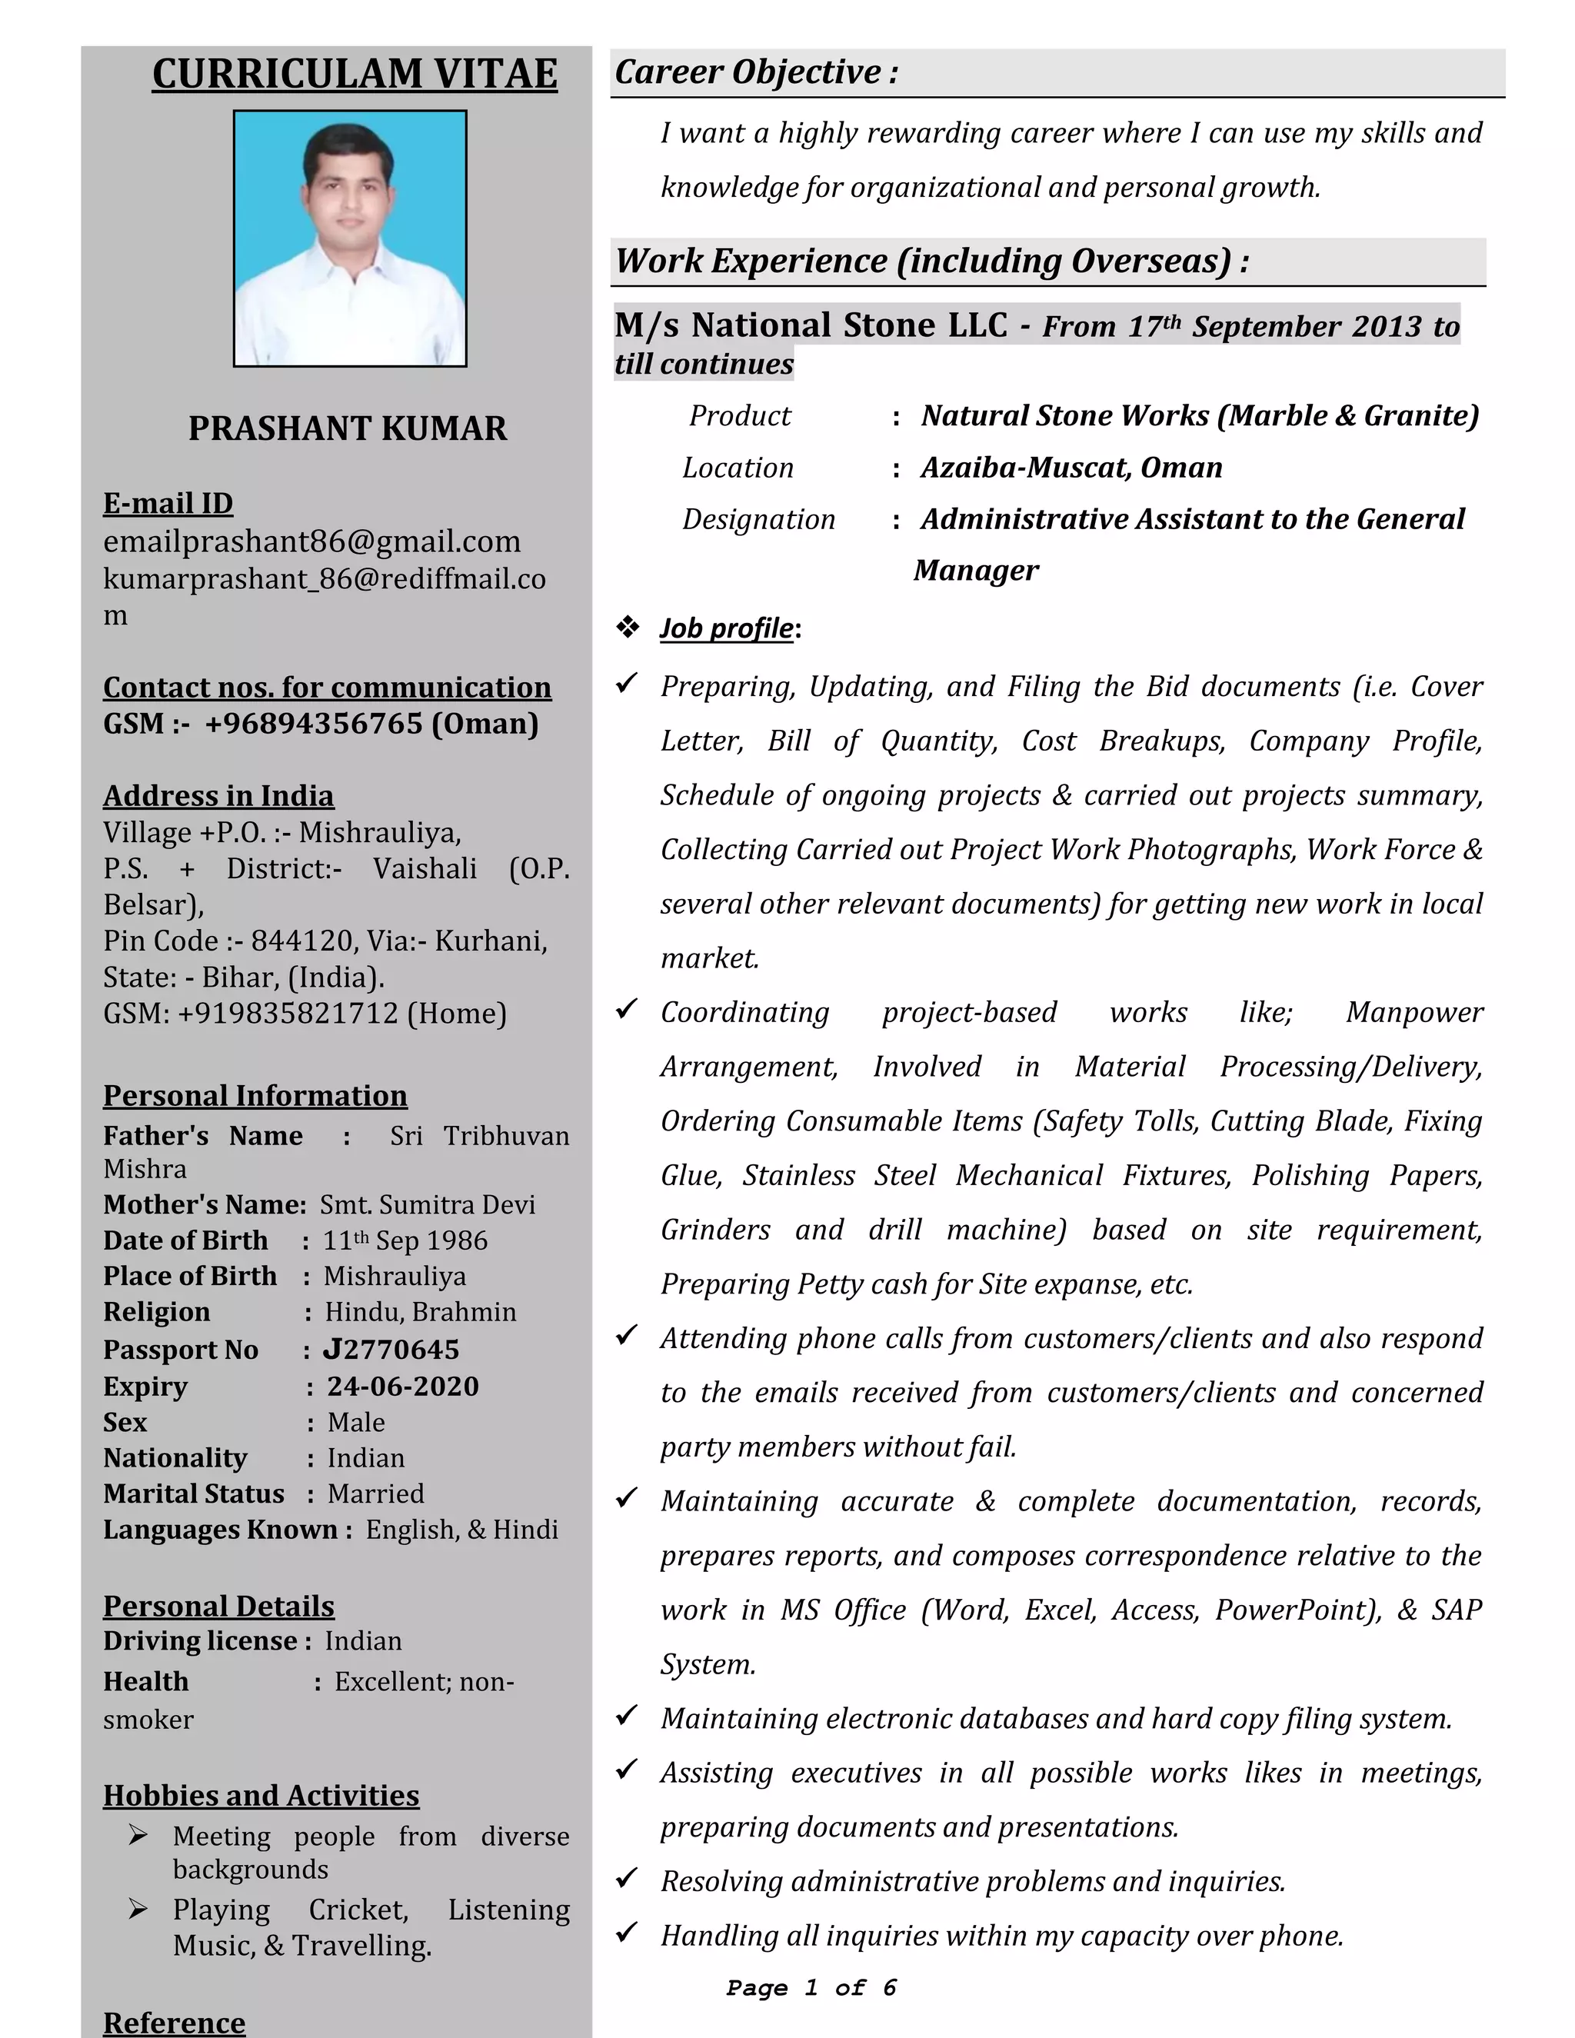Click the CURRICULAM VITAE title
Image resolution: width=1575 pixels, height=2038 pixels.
[355, 74]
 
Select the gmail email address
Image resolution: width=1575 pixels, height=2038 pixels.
[311, 541]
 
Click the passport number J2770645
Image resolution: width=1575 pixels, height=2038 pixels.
[391, 1350]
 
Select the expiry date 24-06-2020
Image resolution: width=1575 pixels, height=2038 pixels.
[402, 1386]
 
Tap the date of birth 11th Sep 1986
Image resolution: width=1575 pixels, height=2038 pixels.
[405, 1240]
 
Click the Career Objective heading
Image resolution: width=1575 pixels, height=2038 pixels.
[756, 72]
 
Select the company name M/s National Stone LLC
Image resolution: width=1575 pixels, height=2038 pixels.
[810, 325]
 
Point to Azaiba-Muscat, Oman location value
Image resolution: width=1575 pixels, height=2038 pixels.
[1071, 467]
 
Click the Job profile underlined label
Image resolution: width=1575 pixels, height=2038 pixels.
[727, 628]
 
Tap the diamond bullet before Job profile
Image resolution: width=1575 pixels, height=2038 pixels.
[627, 627]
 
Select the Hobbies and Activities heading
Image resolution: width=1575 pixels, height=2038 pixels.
[261, 1796]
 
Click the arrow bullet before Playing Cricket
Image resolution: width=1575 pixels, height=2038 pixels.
[138, 1910]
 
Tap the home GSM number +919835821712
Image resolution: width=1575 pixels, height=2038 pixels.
[288, 1014]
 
